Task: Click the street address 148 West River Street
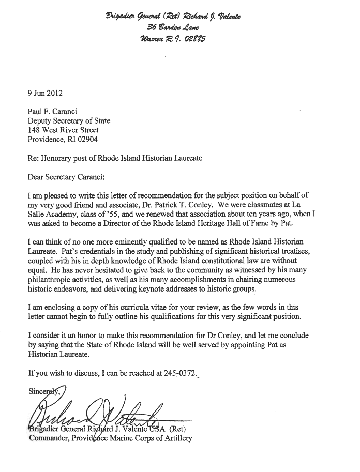pyautogui.click(x=63, y=130)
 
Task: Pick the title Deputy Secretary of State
pyautogui.click(x=69, y=121)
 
